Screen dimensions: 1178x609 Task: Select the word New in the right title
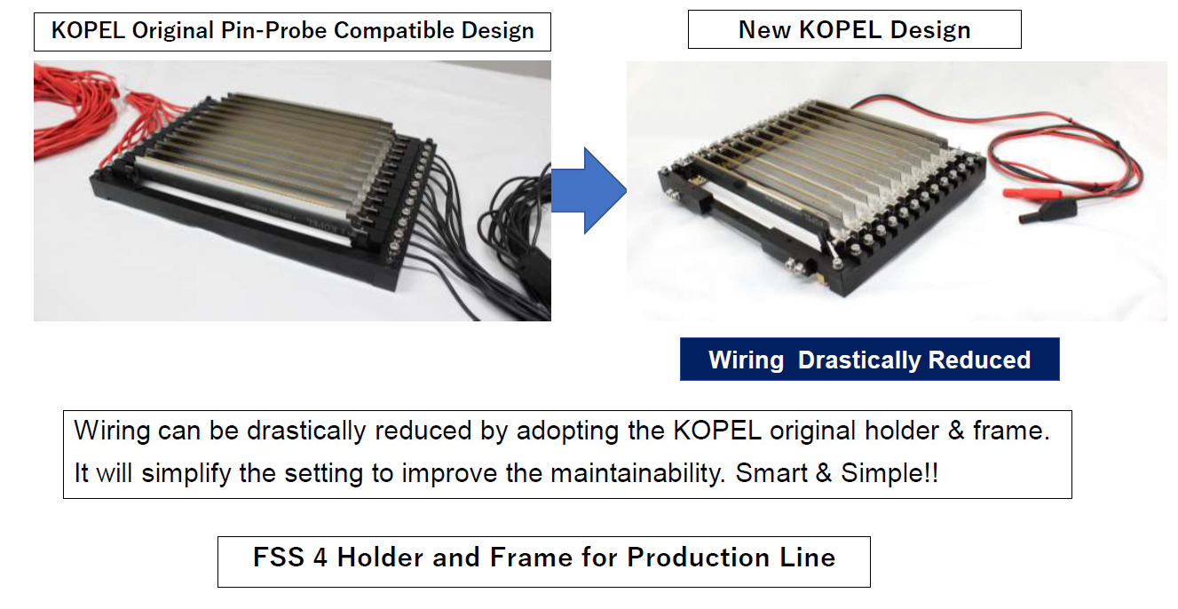(764, 29)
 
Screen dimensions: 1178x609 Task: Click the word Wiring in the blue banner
(746, 360)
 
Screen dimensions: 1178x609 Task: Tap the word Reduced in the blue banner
(979, 360)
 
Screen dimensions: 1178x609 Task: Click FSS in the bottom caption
(279, 557)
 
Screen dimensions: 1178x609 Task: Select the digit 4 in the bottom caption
(320, 558)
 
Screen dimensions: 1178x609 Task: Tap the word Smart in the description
(771, 473)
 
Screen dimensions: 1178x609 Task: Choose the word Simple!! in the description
(889, 473)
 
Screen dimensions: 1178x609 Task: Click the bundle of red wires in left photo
(90, 115)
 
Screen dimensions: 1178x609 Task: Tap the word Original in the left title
(172, 30)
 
